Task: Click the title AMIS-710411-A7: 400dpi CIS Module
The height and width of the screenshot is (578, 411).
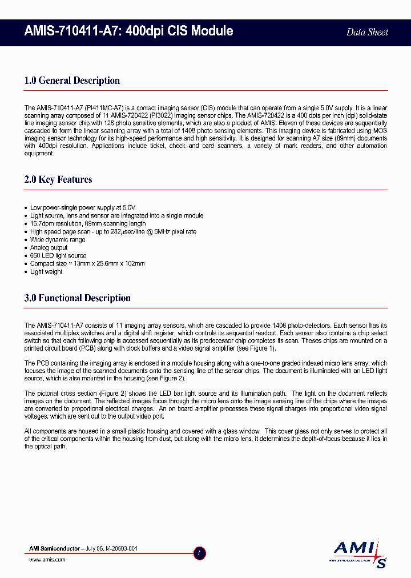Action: (128, 31)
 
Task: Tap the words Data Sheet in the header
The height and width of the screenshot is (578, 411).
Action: (367, 32)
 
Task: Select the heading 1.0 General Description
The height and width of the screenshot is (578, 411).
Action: (72, 81)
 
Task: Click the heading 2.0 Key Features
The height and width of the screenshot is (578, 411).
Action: (58, 179)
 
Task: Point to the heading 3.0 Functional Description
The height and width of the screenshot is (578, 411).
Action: (77, 298)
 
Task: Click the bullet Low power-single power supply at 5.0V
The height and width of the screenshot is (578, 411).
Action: (82, 207)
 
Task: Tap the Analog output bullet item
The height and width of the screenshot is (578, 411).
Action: (49, 248)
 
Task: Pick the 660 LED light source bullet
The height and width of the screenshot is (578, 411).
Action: (58, 256)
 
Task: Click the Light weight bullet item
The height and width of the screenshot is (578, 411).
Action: (46, 272)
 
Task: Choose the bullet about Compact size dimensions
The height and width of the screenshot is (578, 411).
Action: (87, 264)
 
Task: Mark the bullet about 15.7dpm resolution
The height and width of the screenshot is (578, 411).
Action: (88, 224)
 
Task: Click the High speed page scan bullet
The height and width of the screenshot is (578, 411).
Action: (113, 232)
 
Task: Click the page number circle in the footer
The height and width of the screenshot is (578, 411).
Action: (200, 553)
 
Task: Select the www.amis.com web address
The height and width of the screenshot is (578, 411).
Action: (47, 560)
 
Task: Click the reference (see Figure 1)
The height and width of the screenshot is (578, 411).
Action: (257, 348)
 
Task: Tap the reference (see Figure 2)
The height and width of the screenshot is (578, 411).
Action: (166, 378)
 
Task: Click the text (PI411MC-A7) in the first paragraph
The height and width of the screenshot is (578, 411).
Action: (104, 107)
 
